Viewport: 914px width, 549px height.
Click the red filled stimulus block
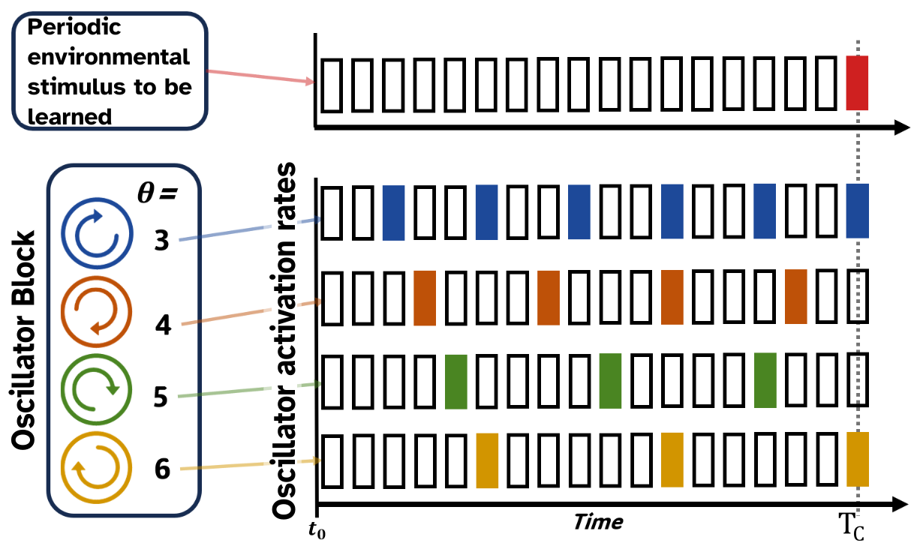pos(857,82)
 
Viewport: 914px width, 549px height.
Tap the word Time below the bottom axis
pos(598,523)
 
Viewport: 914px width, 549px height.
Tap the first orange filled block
pos(425,298)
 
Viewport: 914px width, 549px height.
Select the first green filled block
pos(456,382)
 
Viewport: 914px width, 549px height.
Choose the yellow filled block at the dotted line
pos(857,460)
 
